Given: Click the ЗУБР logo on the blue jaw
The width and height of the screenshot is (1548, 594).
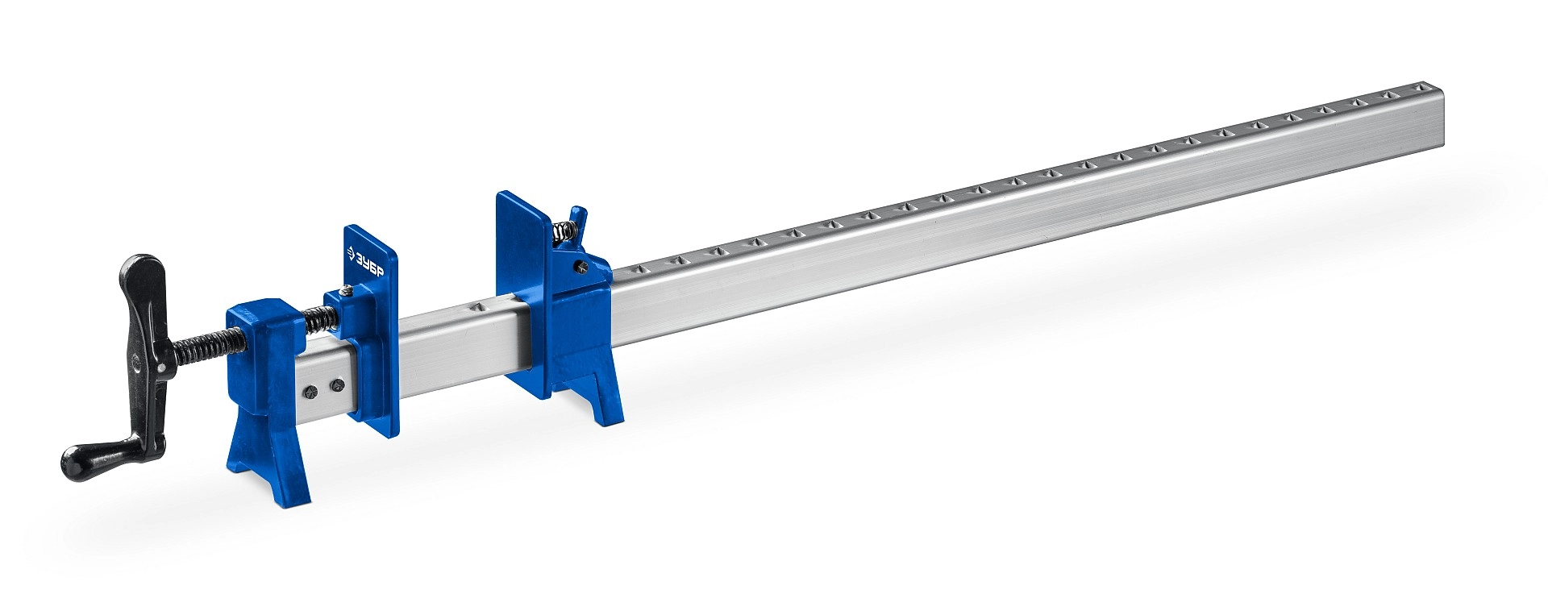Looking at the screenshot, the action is pyautogui.click(x=368, y=262).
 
